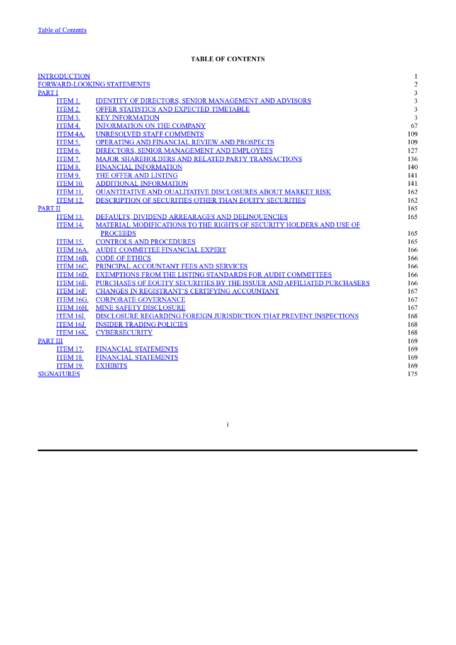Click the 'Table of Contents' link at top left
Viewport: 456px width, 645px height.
62,30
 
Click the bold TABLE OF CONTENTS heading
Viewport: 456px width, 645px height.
227,59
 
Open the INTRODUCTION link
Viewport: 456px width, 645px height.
64,76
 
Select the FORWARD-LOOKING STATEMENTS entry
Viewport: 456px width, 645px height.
94,84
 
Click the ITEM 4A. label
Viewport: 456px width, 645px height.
70,134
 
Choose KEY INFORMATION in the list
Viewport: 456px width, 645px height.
127,118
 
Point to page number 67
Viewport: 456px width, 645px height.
414,126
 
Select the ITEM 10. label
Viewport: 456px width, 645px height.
69,184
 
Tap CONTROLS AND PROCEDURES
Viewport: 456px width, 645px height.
145,242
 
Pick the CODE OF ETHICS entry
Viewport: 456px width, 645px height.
123,258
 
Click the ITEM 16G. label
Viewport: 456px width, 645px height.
72,300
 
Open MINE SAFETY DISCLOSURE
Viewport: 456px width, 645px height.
140,308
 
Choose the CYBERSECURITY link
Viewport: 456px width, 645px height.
124,333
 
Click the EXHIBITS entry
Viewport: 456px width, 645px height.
111,366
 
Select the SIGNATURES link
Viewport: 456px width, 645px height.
59,374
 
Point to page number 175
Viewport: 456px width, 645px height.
413,374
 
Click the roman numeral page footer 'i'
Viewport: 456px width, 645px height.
227,424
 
